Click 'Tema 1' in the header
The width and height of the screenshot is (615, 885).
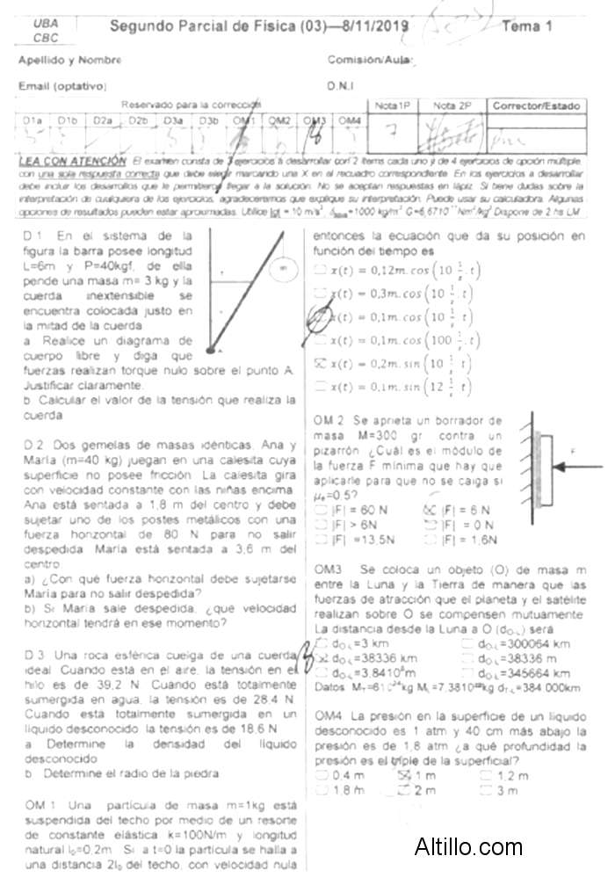coord(527,26)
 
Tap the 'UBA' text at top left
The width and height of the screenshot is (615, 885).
coord(41,25)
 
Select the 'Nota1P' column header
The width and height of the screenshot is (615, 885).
coord(393,106)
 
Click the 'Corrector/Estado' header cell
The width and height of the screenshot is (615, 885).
coord(537,106)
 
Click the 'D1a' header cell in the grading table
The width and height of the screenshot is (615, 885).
coord(33,120)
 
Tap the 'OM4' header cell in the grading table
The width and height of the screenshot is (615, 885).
coord(350,120)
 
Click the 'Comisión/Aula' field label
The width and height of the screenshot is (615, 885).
coord(370,61)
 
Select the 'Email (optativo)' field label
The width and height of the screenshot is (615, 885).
coord(62,87)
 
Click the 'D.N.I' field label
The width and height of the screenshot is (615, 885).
coord(340,87)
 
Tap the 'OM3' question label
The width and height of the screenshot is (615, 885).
coord(328,571)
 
